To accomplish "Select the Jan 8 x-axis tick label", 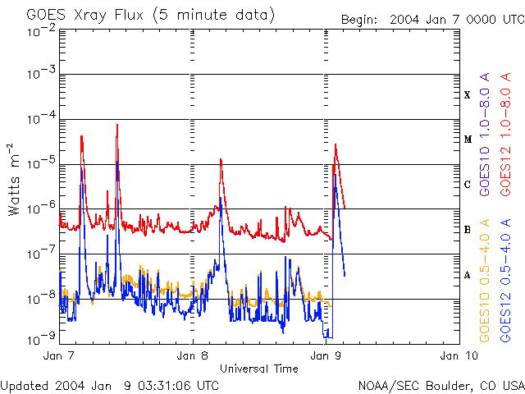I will [193, 355].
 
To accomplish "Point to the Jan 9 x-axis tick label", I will [326, 355].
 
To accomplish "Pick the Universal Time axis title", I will [259, 369].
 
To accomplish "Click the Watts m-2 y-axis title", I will [14, 180].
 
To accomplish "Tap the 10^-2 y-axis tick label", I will [40, 32].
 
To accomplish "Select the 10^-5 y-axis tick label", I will [40, 163].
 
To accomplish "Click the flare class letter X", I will [468, 95].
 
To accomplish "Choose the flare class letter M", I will [468, 140].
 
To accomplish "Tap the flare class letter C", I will [468, 185].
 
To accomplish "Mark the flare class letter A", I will [468, 275].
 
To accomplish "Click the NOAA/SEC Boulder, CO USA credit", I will [441, 385].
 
